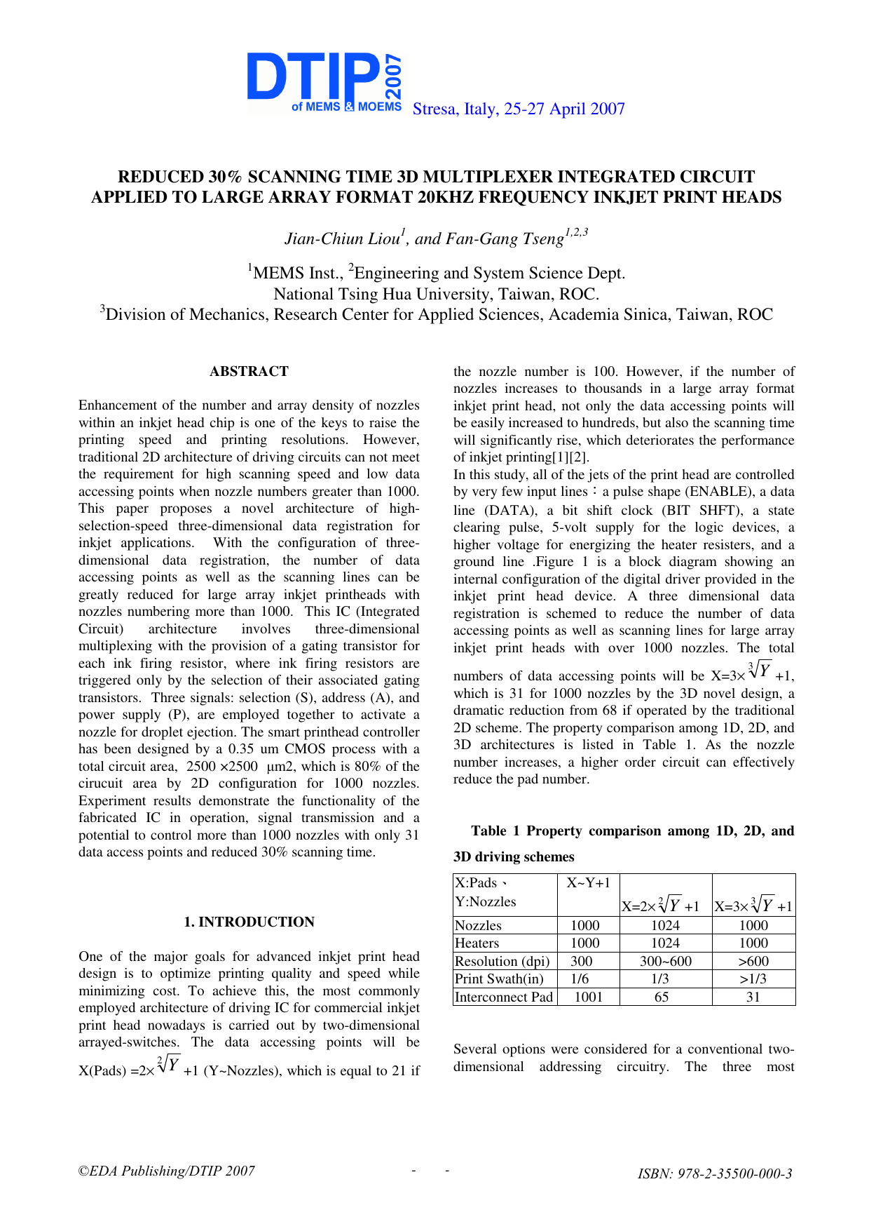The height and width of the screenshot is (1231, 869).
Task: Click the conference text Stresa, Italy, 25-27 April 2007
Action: point(519,109)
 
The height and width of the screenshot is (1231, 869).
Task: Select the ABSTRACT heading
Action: point(249,371)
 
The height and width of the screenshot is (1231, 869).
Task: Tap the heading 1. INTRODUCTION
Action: point(249,922)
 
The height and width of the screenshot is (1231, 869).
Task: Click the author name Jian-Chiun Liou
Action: point(342,238)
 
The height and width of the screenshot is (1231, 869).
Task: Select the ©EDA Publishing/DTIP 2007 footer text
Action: point(167,1171)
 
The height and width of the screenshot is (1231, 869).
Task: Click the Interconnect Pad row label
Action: point(504,997)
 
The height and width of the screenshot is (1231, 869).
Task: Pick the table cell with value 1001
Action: point(589,997)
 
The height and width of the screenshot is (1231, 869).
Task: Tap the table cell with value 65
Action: point(662,997)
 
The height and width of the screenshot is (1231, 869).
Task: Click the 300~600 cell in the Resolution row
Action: point(665,961)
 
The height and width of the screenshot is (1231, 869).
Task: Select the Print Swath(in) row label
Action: point(499,978)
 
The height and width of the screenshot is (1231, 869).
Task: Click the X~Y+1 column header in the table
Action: point(588,882)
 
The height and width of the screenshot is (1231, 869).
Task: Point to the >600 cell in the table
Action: point(753,961)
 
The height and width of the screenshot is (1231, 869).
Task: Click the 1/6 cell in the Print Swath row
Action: point(580,978)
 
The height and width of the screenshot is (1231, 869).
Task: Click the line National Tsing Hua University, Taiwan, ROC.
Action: point(436,294)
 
